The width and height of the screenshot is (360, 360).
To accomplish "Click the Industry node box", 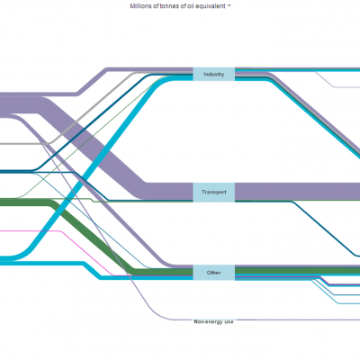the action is tap(213, 74).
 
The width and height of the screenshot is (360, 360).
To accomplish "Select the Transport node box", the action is tap(213, 192).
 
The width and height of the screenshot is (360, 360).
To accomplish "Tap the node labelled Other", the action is tap(213, 273).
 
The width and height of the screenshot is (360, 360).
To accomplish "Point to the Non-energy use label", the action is tap(213, 322).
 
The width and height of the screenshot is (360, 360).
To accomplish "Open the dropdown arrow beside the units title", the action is tap(229, 6).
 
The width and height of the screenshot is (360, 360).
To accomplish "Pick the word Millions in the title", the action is tap(141, 6).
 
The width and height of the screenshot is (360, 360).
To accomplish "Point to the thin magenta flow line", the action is tap(87, 254).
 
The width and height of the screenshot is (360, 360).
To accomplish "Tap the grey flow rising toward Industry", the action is tap(90, 109).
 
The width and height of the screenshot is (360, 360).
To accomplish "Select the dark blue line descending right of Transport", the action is tap(324, 229).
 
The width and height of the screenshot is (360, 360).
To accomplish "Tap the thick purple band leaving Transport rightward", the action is tap(297, 191).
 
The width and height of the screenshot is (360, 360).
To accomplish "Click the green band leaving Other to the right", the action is tap(297, 271).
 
